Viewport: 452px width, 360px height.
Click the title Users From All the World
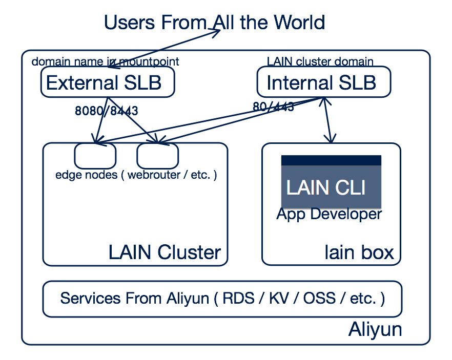point(214,23)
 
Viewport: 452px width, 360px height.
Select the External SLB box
point(108,82)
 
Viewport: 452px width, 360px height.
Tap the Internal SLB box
point(323,82)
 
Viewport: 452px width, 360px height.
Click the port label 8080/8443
point(106,111)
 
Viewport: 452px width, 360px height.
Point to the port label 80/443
point(273,107)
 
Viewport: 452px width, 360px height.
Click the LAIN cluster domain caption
point(320,62)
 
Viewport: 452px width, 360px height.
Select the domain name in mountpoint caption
point(105,62)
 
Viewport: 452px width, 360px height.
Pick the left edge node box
point(95,155)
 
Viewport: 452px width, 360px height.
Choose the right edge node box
point(157,155)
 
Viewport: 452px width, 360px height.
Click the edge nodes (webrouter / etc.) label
point(136,175)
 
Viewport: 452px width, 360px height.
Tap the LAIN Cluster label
point(165,252)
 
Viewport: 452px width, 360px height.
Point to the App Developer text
point(329,214)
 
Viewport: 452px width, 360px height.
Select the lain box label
point(359,252)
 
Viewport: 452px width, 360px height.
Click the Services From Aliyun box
point(222,299)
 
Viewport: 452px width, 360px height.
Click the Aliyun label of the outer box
point(375,329)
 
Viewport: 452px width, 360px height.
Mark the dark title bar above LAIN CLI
point(331,160)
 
